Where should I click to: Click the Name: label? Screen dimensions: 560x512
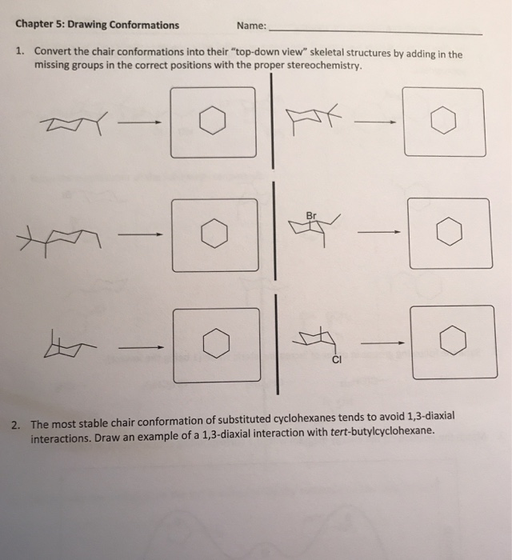tap(253, 24)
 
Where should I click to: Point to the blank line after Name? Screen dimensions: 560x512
tap(376, 32)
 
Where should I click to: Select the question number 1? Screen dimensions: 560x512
tap(19, 53)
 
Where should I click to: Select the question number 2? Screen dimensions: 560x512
tap(19, 425)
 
